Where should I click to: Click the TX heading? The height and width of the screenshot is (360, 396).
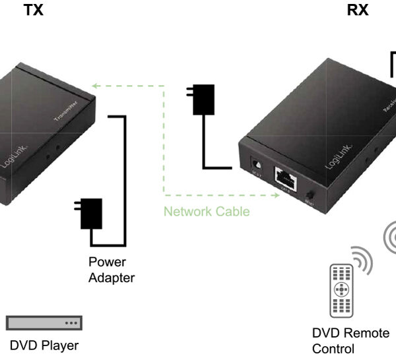click(x=33, y=11)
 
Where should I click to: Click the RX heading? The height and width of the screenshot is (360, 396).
click(x=358, y=11)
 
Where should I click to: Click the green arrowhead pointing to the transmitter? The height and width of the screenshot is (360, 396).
click(x=96, y=85)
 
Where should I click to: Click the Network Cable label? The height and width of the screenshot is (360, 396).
click(x=207, y=212)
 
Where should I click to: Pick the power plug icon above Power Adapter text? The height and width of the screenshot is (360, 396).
click(x=88, y=212)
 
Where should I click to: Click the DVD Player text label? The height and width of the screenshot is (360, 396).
click(x=44, y=345)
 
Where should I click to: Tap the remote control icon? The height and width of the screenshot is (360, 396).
click(x=341, y=289)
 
